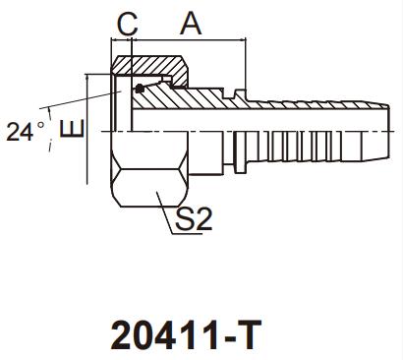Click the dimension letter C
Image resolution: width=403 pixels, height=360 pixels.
pos(128,24)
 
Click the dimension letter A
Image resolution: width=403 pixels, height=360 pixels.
pos(191,23)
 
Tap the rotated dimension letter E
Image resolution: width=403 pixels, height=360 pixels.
pos(72,129)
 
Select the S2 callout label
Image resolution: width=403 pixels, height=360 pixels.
pos(194,218)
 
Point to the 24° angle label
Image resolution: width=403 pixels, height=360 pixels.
pos(26,132)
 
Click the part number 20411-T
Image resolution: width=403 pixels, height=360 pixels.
pos(186,334)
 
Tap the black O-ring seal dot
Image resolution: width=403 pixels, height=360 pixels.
pos(140,89)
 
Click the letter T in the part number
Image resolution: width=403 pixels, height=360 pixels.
pos(250,334)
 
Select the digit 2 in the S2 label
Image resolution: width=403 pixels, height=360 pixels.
pos(203,218)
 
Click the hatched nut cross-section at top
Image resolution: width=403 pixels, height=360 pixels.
pos(150,67)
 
